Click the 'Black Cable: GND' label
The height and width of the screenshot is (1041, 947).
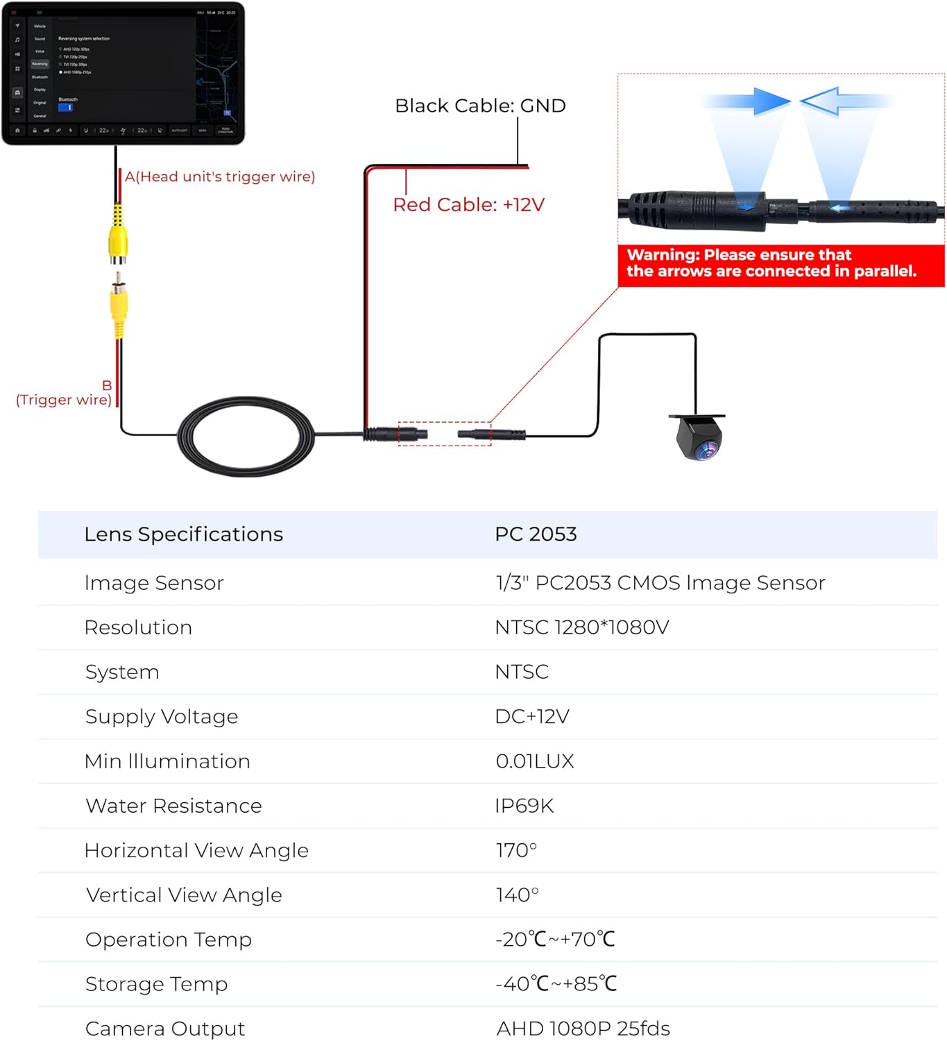tap(480, 105)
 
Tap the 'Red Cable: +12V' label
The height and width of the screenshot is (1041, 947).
tap(468, 205)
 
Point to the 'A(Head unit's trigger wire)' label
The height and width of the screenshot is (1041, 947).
tap(220, 177)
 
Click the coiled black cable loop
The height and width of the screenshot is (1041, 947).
tap(246, 436)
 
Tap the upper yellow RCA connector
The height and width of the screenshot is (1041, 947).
tap(118, 237)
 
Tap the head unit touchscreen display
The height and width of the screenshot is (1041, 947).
tap(123, 71)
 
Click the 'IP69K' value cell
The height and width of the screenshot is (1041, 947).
tap(524, 806)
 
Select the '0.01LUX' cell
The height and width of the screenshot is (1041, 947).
tap(535, 761)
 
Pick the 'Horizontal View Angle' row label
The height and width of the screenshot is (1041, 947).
tap(196, 850)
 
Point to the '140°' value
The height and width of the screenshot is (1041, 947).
tap(517, 895)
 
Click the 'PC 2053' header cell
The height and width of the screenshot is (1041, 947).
tap(536, 534)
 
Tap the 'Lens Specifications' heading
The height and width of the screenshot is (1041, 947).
tap(184, 534)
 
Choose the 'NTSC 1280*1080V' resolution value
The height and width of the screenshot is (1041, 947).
tap(581, 627)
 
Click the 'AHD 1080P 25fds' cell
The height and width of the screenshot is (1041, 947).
tap(583, 1028)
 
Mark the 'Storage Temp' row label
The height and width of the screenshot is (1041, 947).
tap(157, 984)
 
